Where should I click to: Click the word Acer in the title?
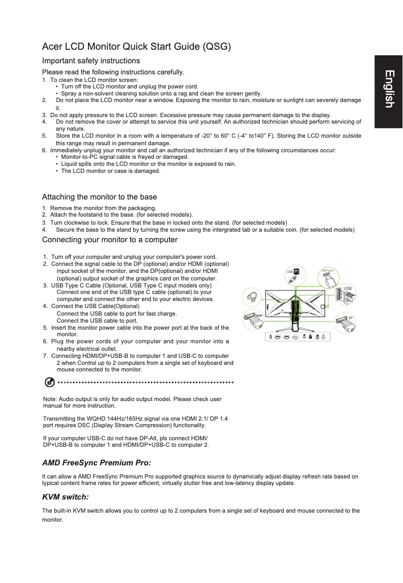[x=53, y=47]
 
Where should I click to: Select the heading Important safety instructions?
[x=91, y=61]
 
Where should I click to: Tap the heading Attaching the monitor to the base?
[x=99, y=197]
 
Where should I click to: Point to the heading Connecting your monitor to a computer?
[x=110, y=239]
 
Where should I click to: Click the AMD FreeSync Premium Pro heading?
[x=96, y=462]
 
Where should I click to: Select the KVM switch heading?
[x=65, y=497]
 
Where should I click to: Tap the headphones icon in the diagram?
[x=252, y=297]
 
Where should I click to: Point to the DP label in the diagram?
[x=351, y=318]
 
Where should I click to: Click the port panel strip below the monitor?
[x=298, y=336]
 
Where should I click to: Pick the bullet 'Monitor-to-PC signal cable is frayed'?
[x=124, y=157]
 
